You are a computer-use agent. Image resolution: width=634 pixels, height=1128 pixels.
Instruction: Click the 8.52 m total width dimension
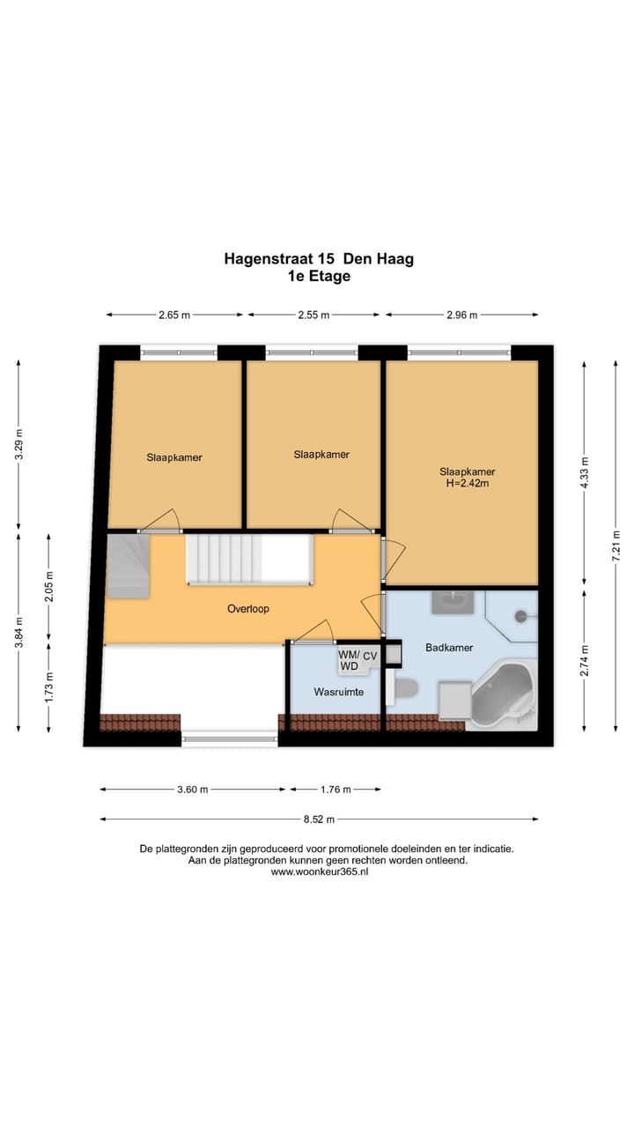point(319,820)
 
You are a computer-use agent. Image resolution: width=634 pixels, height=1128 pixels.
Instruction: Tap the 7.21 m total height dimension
point(616,545)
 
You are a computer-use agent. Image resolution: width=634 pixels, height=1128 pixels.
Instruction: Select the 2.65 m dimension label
point(174,315)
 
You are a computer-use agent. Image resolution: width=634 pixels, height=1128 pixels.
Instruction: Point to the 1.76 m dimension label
point(335,790)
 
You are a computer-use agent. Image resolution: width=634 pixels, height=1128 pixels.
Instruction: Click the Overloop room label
point(248,609)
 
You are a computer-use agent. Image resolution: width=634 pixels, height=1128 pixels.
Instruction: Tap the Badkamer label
point(449,648)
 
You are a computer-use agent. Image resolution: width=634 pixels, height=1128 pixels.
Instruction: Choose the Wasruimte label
point(339,692)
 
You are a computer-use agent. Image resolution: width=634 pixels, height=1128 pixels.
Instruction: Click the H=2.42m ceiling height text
point(468,484)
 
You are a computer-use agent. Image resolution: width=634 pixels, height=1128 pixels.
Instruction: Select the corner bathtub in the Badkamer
point(502,696)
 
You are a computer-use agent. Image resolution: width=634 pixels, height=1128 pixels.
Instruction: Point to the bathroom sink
point(453,602)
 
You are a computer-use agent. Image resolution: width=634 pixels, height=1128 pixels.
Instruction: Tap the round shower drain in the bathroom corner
point(520,616)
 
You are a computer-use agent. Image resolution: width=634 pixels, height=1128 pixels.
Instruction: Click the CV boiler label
point(370,657)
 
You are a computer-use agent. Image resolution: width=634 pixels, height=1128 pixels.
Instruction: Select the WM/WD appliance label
point(350,661)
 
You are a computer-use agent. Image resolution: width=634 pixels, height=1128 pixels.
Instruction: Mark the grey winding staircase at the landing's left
point(128,566)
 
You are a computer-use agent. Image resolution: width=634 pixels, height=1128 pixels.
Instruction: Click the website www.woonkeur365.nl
point(320,872)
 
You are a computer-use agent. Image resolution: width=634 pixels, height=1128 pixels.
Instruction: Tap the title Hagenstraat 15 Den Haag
point(319,259)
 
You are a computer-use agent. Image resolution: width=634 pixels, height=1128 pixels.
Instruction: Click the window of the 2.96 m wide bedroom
point(459,352)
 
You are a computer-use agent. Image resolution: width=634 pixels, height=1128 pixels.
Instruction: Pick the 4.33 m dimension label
point(584,472)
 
